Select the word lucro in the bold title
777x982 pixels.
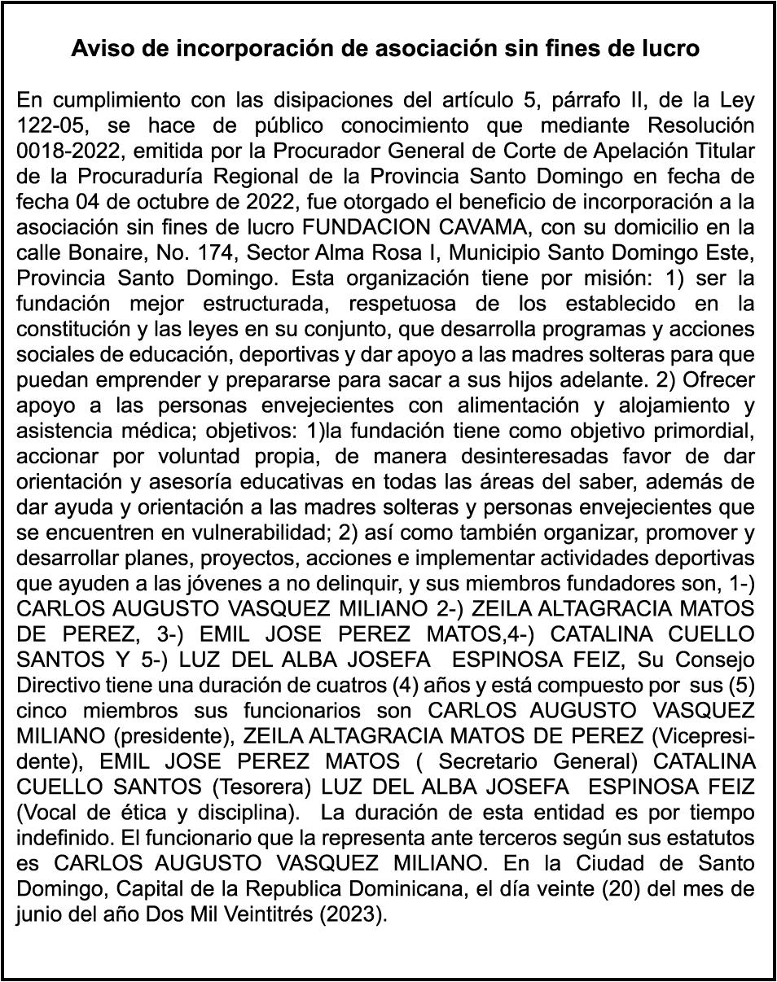671,49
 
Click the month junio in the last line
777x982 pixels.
37,913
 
